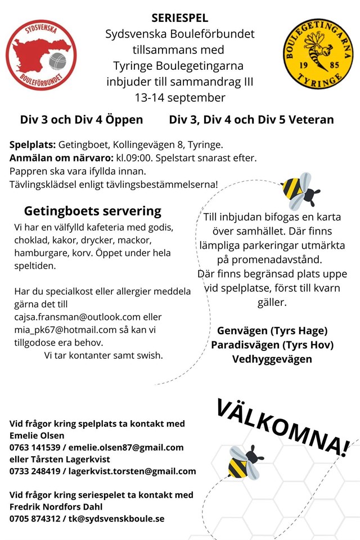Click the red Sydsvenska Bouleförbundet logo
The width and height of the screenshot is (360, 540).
click(x=41, y=55)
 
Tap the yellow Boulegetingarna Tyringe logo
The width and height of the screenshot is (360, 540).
click(x=318, y=55)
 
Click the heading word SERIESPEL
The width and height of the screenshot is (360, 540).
click(x=180, y=19)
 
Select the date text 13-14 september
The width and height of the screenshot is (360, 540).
click(x=180, y=97)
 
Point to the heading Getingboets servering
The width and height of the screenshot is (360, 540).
click(x=92, y=211)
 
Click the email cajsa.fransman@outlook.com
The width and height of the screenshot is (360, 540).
click(x=78, y=317)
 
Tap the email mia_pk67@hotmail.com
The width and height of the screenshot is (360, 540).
click(x=61, y=330)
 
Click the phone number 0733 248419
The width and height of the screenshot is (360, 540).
click(x=37, y=471)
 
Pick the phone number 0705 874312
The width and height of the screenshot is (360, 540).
click(x=37, y=519)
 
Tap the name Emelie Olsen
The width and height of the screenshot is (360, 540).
click(x=37, y=435)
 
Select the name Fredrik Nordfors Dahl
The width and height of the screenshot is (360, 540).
click(x=57, y=507)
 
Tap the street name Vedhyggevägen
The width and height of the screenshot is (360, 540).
click(x=272, y=358)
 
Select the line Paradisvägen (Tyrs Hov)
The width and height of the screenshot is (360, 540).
click(x=272, y=344)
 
